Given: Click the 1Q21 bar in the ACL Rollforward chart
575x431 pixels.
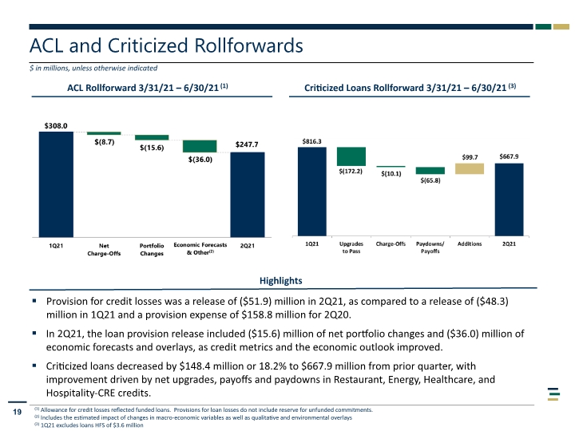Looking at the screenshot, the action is coord(56,184).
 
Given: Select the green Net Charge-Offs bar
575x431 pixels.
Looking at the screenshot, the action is coord(104,133).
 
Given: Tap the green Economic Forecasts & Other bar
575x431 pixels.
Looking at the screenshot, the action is coord(200,146).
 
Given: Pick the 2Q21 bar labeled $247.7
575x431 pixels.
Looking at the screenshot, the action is coord(248,195).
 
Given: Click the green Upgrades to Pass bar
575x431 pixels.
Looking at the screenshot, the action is coord(351,156).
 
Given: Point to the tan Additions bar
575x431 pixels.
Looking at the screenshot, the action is coord(470,168).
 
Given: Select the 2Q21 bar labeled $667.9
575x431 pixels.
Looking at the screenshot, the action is coord(509,200).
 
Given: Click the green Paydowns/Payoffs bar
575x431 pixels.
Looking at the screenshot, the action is coord(430,171).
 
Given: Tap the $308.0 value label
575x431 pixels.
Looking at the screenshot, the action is coord(56,126).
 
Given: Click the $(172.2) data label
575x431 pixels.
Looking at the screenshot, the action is coord(351,171).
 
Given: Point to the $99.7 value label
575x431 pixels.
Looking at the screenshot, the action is coord(470,157).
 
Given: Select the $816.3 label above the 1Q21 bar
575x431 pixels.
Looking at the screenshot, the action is coord(311,141).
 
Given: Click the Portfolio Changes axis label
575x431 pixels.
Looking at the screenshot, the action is coord(152,250).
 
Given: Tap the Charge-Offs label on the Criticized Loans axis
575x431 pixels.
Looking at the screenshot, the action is coord(391,243).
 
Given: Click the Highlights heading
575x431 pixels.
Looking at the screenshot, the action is coord(281,281).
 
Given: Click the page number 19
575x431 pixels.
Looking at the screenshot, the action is coord(18,412).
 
